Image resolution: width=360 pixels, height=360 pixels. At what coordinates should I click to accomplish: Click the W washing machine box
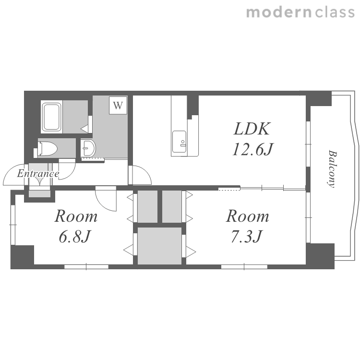118,105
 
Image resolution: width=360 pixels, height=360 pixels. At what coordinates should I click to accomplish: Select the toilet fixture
47,149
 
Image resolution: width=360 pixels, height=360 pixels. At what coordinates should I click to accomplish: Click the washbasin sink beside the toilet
88,148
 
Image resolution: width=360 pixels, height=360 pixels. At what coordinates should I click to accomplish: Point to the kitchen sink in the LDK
179,142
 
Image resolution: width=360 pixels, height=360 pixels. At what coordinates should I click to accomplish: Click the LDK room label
252,129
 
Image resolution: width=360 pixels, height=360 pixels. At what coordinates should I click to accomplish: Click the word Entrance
38,174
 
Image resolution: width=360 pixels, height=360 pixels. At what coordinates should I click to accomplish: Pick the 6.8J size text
74,237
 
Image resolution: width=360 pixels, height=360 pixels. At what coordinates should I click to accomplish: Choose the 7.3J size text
246,237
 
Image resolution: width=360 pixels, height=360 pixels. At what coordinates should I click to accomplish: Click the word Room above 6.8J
76,216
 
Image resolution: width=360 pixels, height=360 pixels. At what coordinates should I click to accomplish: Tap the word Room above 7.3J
248,216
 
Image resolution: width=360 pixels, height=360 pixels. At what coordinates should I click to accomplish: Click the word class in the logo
335,12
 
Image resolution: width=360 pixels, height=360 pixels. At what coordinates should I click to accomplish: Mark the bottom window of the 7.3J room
244,267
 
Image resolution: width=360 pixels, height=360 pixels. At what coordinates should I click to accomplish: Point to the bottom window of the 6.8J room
86,267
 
